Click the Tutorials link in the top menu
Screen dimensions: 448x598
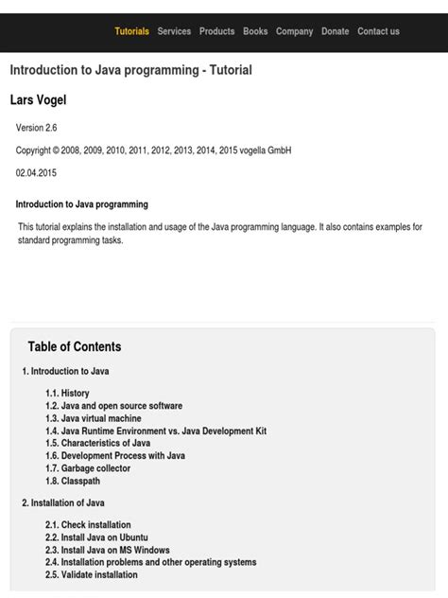(131, 31)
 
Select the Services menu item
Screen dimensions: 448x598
(174, 31)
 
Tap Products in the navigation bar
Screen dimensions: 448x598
(216, 31)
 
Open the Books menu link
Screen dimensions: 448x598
(255, 31)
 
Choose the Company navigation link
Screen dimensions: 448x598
(294, 31)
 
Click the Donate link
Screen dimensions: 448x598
(335, 31)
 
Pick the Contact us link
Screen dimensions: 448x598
(378, 31)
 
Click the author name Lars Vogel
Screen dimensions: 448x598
(38, 99)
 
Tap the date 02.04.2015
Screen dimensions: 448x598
(37, 172)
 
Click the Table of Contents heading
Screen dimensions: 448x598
(75, 346)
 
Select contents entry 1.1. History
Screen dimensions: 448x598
(67, 393)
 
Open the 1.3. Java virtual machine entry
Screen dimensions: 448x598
(93, 418)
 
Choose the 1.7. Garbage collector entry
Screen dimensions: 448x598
(88, 468)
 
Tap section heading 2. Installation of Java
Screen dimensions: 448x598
(63, 502)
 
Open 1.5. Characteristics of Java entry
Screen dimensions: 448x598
(97, 443)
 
